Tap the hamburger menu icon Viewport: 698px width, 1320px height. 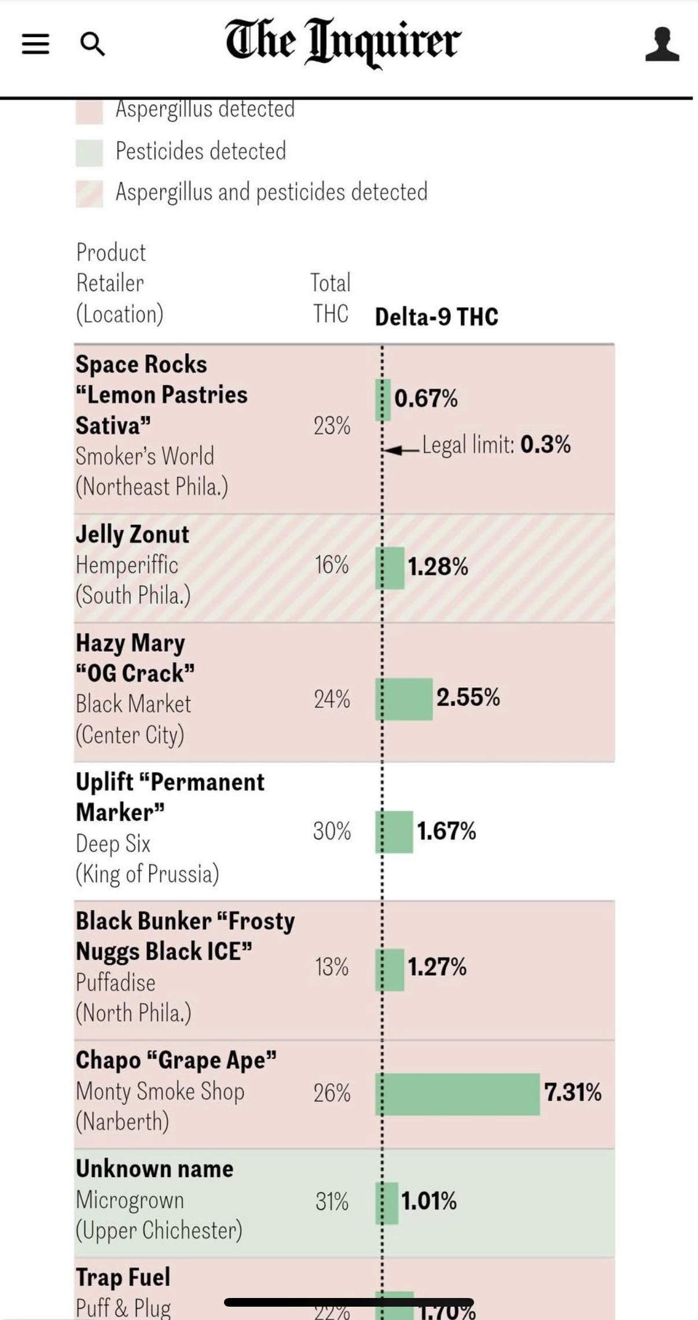[35, 43]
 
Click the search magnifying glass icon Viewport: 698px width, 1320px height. [92, 44]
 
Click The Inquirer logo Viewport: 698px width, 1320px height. [343, 42]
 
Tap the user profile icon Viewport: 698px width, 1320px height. [662, 44]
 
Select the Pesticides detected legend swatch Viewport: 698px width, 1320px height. [89, 152]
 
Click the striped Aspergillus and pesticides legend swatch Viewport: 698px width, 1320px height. [89, 193]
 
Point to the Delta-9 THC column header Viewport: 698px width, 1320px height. [436, 317]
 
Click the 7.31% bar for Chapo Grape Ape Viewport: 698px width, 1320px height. [458, 1094]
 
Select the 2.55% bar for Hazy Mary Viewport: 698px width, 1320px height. [405, 699]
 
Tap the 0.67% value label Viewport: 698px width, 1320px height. [426, 398]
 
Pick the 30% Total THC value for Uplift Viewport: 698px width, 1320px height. [332, 831]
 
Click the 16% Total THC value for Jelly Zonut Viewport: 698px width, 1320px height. [332, 564]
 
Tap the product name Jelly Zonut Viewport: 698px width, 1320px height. [133, 534]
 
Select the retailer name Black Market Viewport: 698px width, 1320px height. [133, 704]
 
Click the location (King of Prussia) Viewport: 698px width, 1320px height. [148, 873]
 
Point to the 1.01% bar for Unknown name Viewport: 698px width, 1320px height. [387, 1203]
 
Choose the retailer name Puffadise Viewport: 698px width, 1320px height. [116, 982]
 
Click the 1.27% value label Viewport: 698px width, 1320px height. [437, 967]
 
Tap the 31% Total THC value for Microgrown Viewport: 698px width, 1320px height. [332, 1201]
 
